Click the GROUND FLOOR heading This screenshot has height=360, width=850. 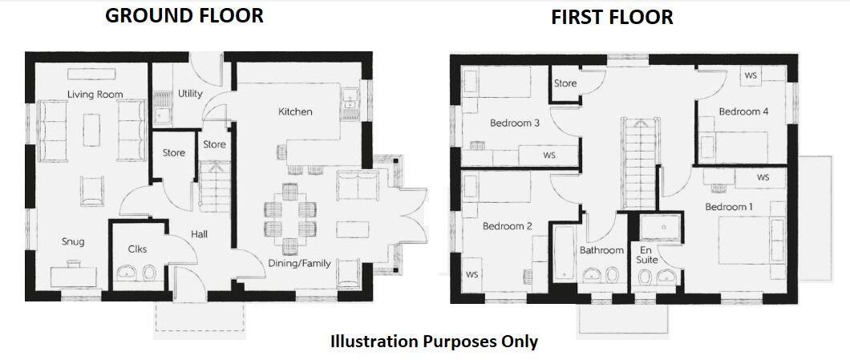pos(184,15)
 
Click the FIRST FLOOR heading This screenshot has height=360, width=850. pos(612,18)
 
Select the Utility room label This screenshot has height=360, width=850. pos(190,94)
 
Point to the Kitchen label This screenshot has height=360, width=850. pos(295,111)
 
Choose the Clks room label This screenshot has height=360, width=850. pos(137,249)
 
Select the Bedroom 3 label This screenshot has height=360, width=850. pos(514,123)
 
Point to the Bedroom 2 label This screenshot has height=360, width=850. pos(507,226)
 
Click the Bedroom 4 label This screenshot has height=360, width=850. pos(743,111)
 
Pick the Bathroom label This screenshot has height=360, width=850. pos(601,250)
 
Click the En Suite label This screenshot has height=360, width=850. pos(646,254)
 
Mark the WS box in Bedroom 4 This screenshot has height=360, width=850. pos(751,75)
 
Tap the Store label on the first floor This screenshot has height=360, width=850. pos(565,83)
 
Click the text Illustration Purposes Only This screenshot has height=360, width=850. pos(434,342)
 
